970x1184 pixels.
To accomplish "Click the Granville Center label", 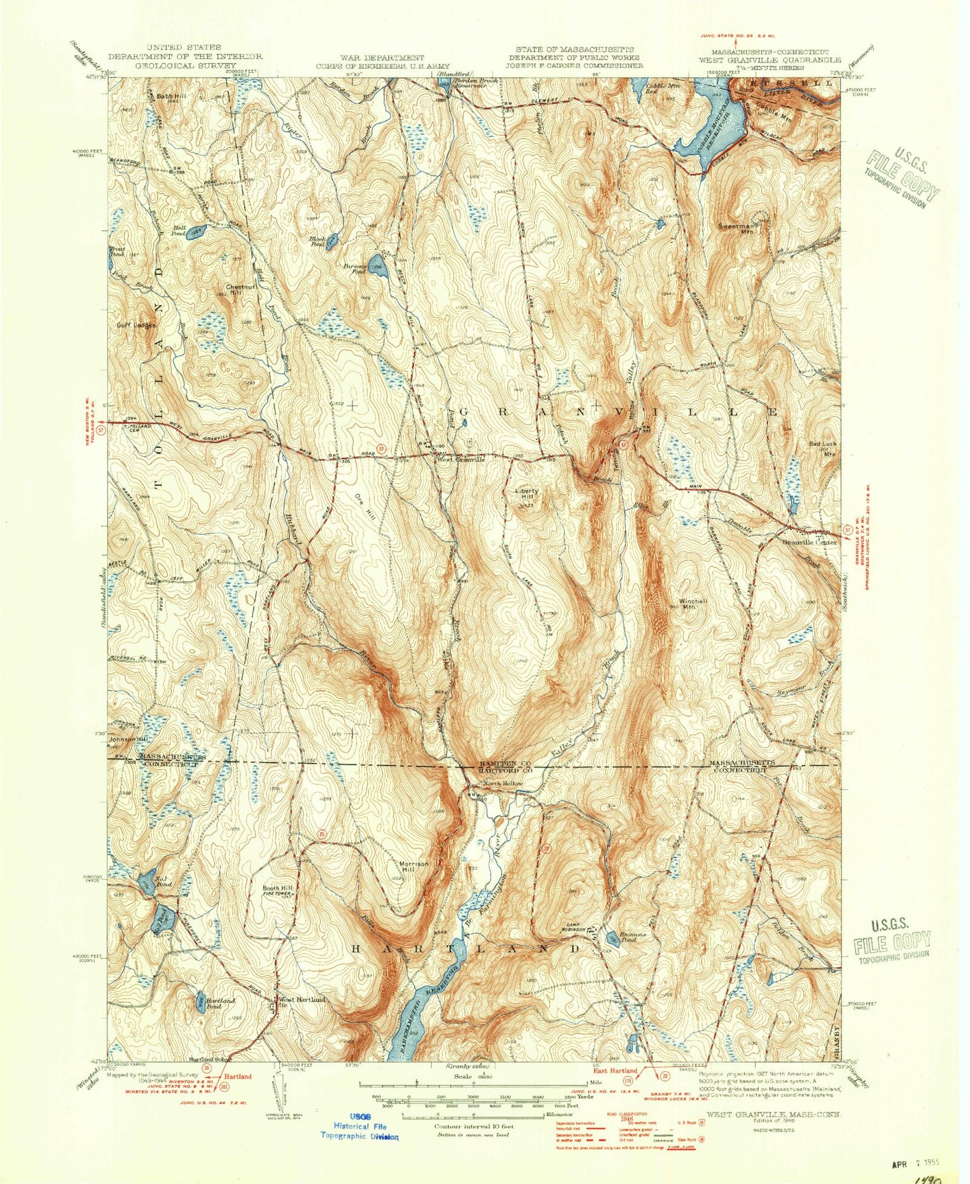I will pyautogui.click(x=809, y=542).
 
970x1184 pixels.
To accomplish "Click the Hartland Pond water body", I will pyautogui.click(x=200, y=1003).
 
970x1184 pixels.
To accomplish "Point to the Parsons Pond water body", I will pyautogui.click(x=377, y=263).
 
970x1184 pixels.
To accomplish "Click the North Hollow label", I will pyautogui.click(x=503, y=784).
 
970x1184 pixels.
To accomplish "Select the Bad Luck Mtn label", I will pyautogui.click(x=824, y=449).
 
